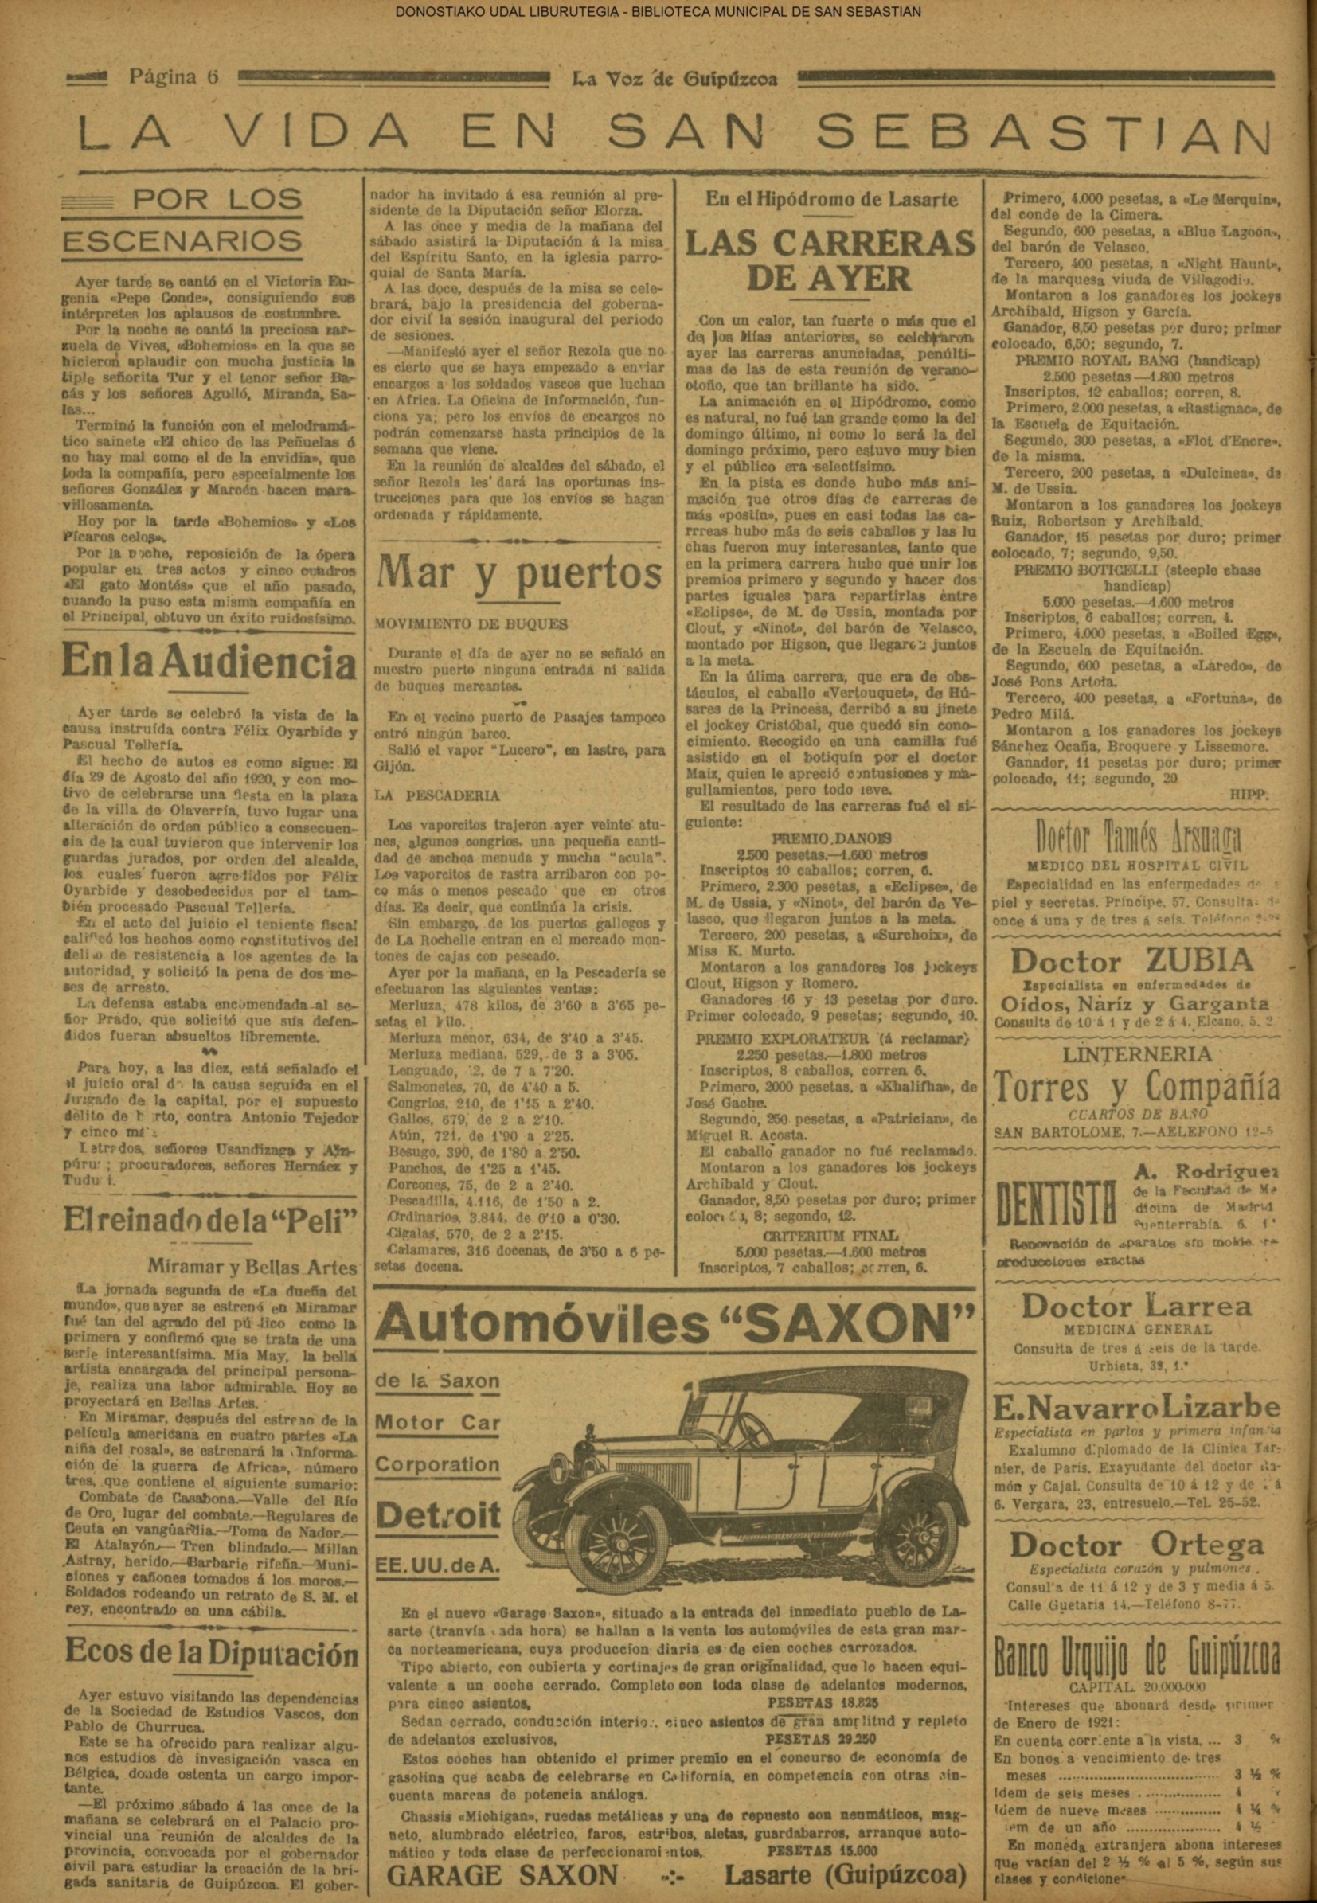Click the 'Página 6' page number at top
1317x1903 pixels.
tap(173, 76)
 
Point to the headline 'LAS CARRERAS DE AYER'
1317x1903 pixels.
tap(830, 260)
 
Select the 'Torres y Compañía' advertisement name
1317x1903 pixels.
tap(1136, 1088)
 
